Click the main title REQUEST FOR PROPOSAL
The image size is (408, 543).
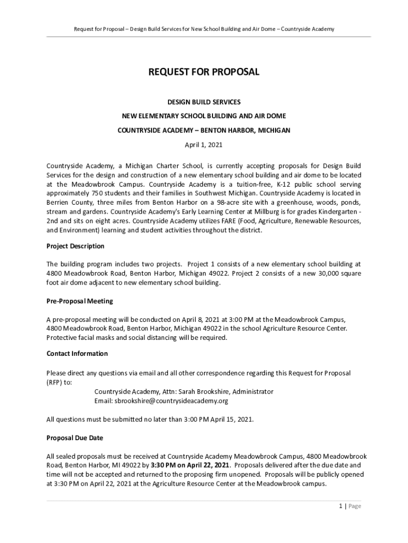[203, 72]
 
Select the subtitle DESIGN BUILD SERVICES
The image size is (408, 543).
[203, 101]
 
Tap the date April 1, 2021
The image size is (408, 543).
[203, 144]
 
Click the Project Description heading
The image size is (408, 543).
[75, 246]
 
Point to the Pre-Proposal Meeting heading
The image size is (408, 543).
[79, 301]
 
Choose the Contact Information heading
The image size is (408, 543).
[77, 354]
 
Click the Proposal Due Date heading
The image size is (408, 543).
[75, 438]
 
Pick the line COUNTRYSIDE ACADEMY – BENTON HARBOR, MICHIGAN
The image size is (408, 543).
[203, 130]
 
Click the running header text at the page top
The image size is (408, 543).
[203, 29]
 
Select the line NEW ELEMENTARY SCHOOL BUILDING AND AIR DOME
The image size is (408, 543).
[203, 116]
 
